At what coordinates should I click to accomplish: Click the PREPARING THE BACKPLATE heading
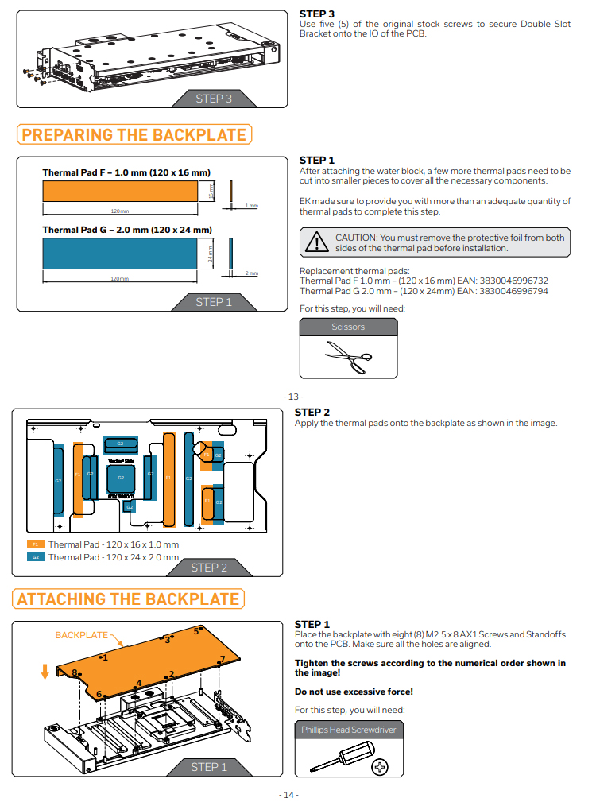coord(134,134)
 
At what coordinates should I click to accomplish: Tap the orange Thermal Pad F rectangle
coord(119,192)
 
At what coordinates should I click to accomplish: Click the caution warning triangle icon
coord(317,242)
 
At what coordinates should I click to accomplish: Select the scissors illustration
coord(348,357)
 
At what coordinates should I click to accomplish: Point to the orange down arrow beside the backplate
coord(45,672)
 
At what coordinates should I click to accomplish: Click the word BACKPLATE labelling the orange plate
coord(81,635)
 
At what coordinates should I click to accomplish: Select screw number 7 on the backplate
coord(222,660)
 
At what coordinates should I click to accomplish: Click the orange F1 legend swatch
coord(36,544)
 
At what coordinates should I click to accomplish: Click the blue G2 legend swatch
coord(36,557)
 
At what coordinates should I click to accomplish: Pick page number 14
coord(288,795)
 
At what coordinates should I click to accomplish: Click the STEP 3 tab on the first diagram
coord(213,99)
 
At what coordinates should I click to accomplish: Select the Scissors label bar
coord(348,327)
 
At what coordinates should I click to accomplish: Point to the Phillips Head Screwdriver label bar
coord(348,729)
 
